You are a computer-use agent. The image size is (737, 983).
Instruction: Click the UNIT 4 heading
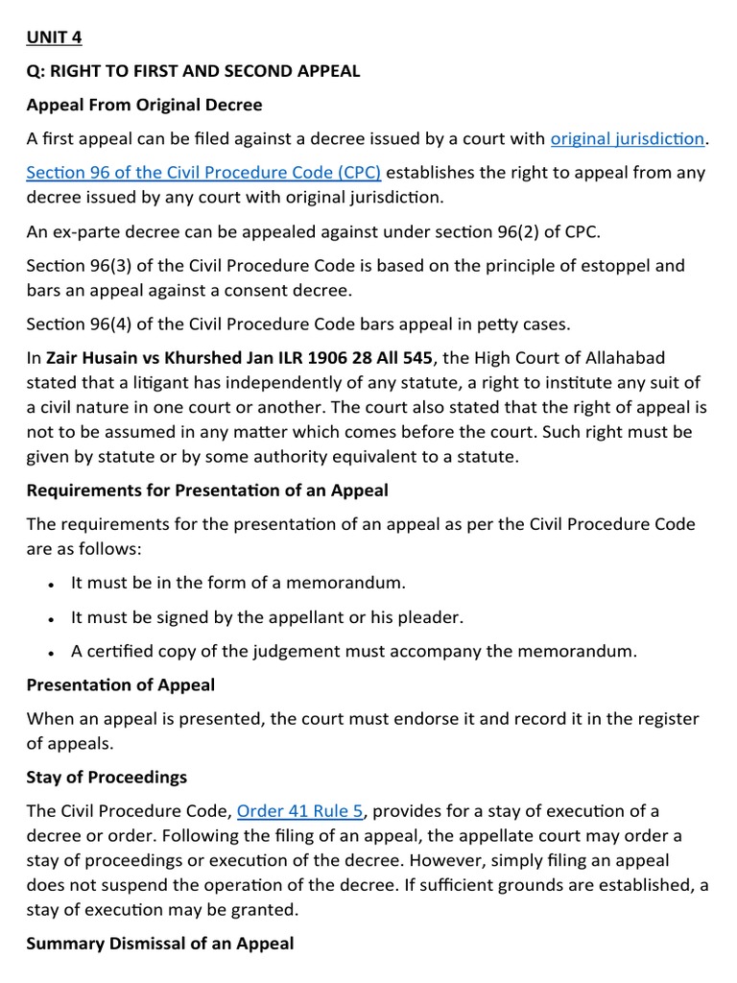click(53, 36)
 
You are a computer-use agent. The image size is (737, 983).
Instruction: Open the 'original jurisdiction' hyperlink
click(628, 138)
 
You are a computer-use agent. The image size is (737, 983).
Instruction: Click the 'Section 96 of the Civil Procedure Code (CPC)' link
click(203, 173)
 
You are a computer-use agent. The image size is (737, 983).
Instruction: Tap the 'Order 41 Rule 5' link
click(299, 811)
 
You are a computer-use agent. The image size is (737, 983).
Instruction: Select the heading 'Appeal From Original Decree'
click(145, 104)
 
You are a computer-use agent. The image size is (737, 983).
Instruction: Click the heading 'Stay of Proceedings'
click(107, 777)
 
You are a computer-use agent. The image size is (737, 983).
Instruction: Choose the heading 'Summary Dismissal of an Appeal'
click(160, 944)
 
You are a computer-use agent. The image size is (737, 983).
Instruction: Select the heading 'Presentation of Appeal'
click(121, 684)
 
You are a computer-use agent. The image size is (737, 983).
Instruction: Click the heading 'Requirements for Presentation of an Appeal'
click(207, 491)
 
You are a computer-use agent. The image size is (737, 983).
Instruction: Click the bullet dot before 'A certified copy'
click(50, 653)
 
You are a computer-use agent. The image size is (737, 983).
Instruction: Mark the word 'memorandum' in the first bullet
click(342, 583)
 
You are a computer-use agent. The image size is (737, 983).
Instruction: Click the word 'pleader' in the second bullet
click(434, 617)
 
